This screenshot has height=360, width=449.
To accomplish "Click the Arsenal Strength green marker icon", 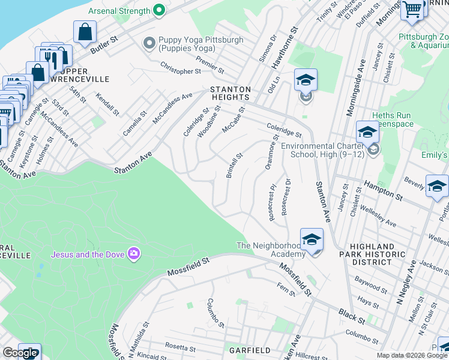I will coord(159,10).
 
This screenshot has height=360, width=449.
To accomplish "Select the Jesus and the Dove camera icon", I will coord(133,254).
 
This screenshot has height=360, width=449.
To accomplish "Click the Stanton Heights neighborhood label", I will coord(229,93).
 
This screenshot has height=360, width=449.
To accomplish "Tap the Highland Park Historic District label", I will coord(364,254).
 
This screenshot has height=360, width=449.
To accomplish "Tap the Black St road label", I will coord(348,314).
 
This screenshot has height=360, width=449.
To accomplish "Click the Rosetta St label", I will coord(181,348).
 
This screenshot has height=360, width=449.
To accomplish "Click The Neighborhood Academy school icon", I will coord(312,239).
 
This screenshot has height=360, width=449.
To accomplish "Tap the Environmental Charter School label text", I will coord(324,150).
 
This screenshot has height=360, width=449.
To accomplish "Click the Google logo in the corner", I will coord(20,353).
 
